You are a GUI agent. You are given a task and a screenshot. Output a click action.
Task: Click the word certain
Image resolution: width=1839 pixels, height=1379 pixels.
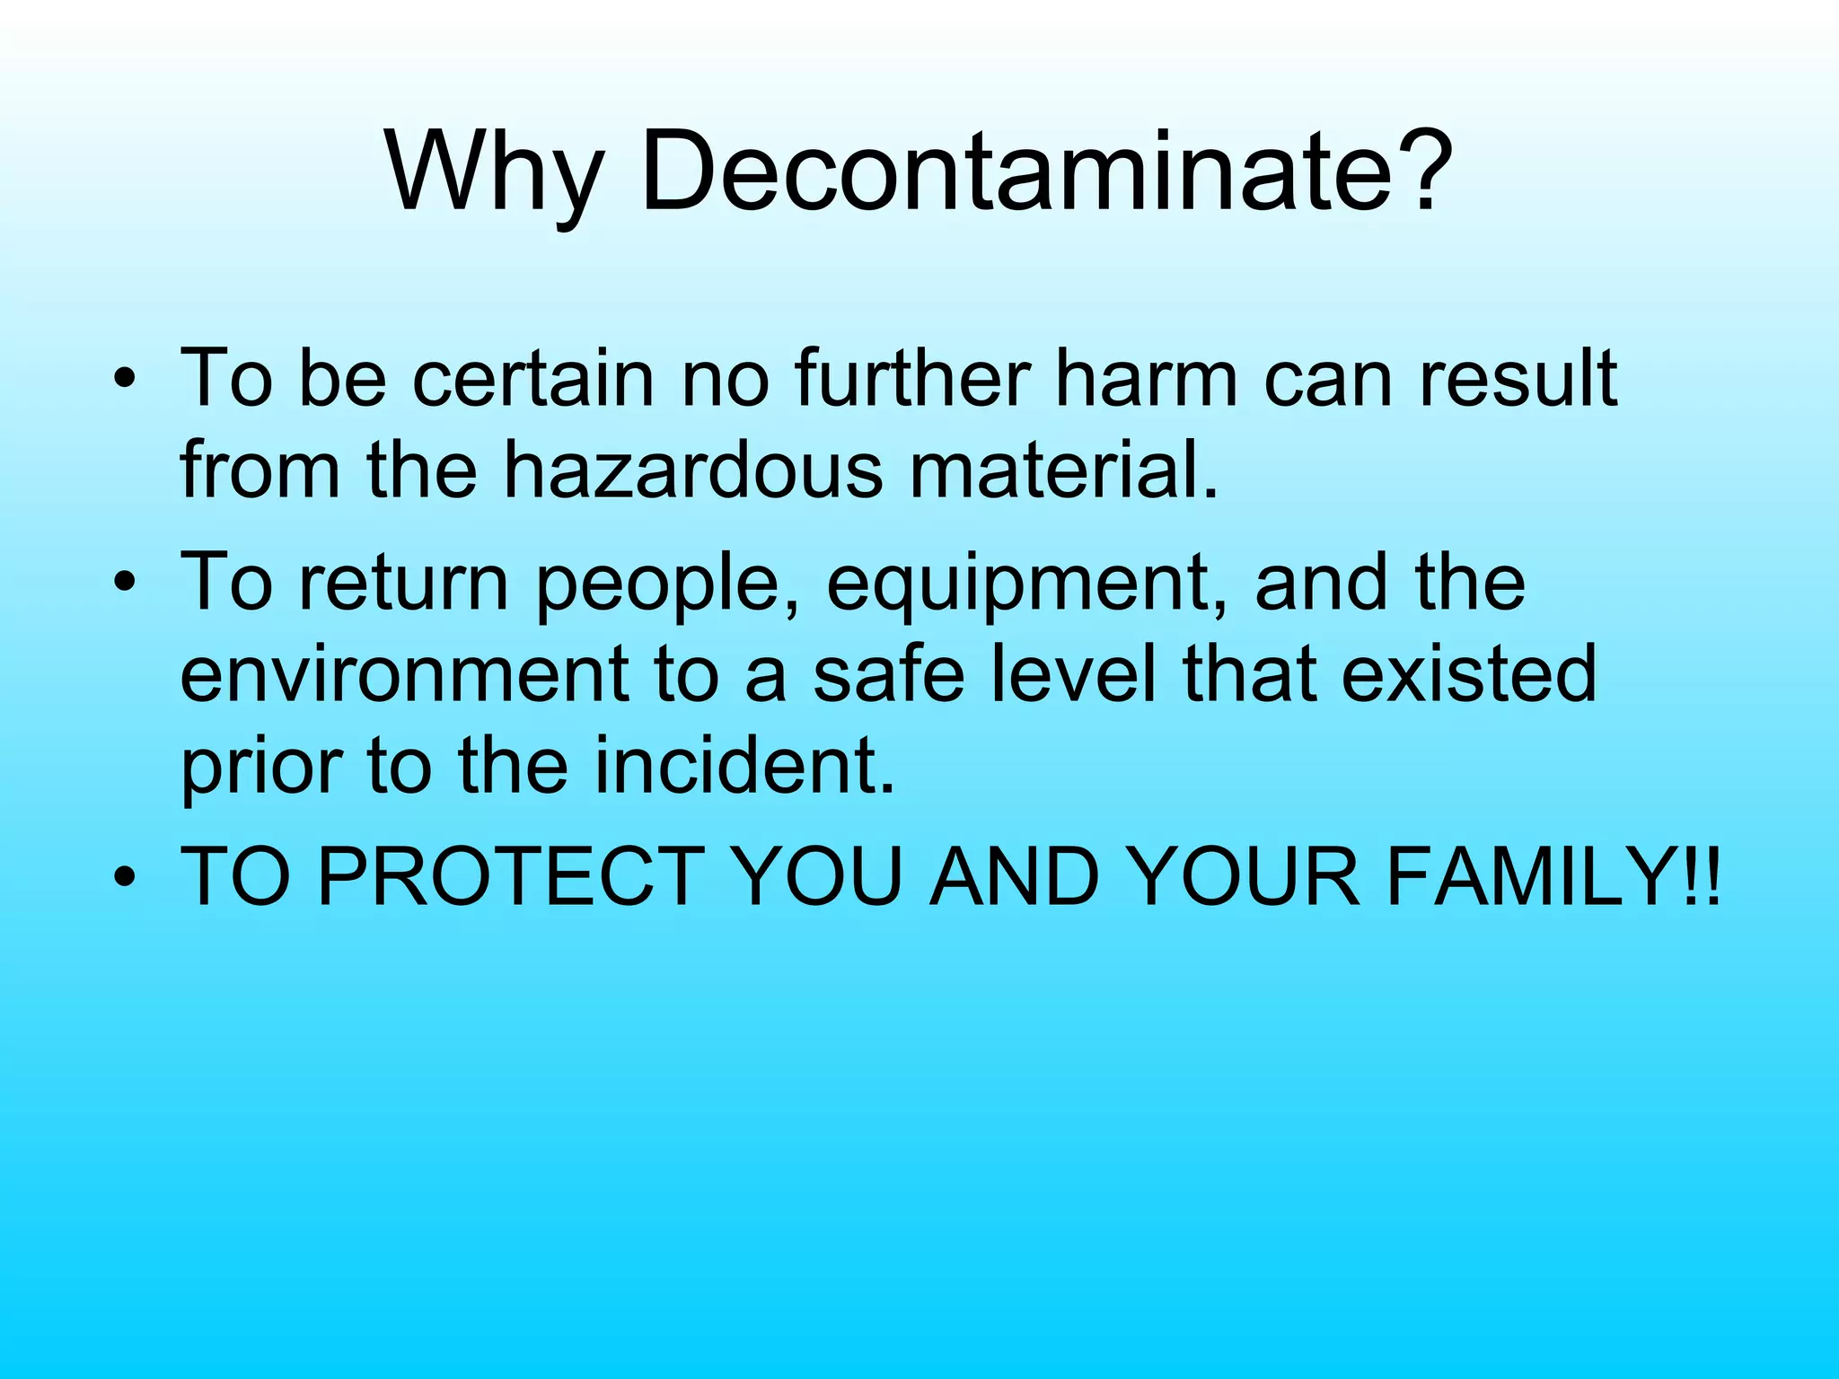[533, 379]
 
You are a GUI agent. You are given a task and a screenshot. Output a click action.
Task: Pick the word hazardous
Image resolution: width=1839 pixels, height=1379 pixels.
[692, 470]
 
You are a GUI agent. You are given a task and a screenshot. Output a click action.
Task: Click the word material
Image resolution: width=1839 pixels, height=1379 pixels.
[1065, 470]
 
